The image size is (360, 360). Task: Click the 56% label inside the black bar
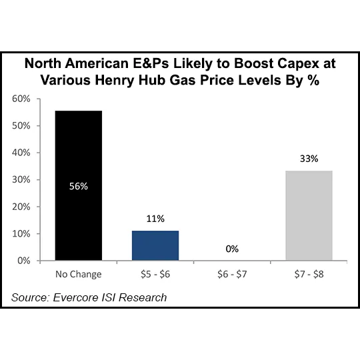(79, 187)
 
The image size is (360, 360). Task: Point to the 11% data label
(155, 218)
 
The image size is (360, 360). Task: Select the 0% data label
(232, 248)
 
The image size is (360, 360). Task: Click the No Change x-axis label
(79, 274)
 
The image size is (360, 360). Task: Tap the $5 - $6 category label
(155, 274)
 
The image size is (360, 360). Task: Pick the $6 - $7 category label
(232, 274)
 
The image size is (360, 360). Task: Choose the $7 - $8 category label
(309, 274)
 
